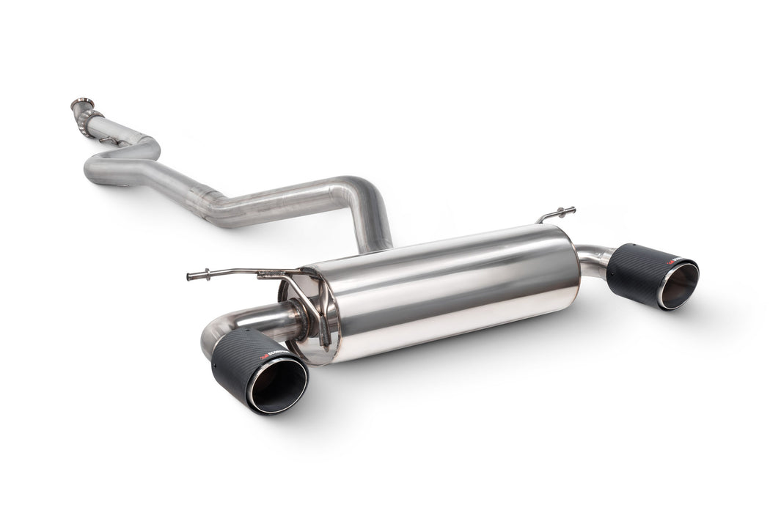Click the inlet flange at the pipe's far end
(82, 103)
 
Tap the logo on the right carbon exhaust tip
(672, 260)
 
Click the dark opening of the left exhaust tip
(279, 386)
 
